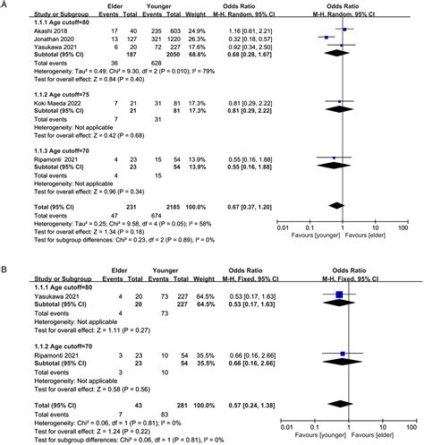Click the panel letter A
tap(6, 6)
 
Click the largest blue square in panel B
tap(339, 294)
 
